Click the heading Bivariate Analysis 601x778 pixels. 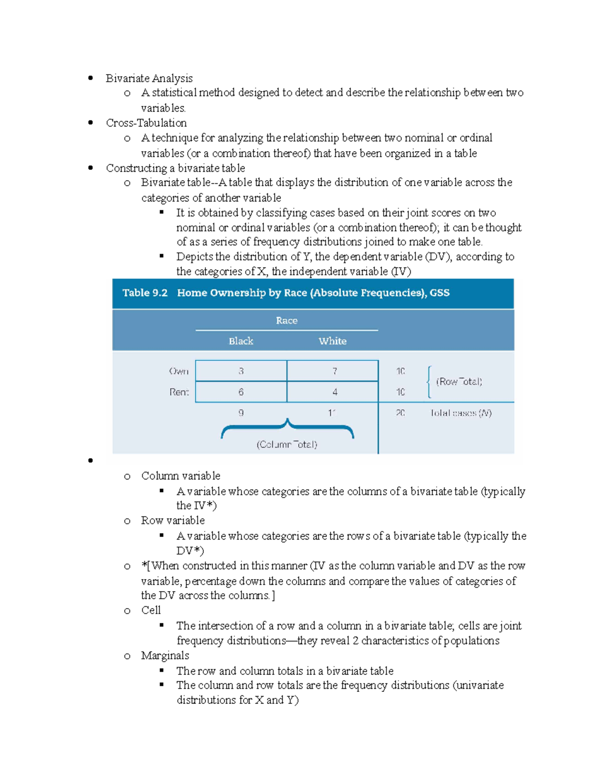click(x=149, y=78)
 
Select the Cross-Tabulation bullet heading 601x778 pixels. click(x=146, y=123)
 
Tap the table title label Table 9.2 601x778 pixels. click(x=145, y=293)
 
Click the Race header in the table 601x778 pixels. click(x=286, y=321)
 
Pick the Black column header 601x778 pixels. click(x=241, y=341)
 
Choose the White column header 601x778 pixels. click(x=333, y=341)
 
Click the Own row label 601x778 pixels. click(x=179, y=371)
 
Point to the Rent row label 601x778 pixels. click(x=179, y=392)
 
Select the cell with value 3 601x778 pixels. click(x=241, y=371)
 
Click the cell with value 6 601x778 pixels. click(x=241, y=392)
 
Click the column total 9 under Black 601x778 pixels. click(x=241, y=413)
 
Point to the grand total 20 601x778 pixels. click(x=400, y=413)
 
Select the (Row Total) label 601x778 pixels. click(x=459, y=382)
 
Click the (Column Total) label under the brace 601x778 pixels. click(x=287, y=444)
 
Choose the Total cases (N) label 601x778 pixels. click(x=461, y=413)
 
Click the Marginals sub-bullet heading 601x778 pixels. click(x=165, y=656)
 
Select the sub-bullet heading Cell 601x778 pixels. click(x=151, y=610)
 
